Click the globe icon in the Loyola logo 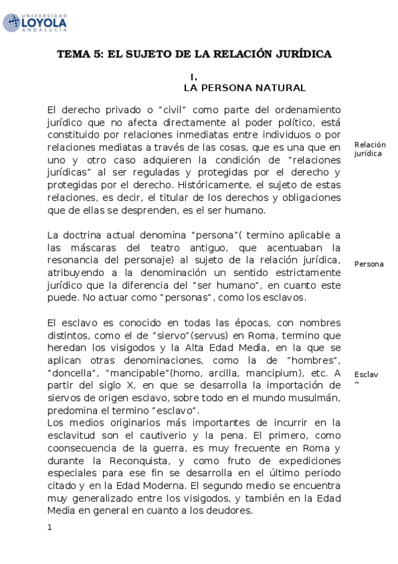11,23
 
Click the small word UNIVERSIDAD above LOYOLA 44,15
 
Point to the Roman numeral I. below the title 194,77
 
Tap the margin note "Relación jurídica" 370,149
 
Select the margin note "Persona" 369,264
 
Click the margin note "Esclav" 366,374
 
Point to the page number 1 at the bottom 50,527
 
